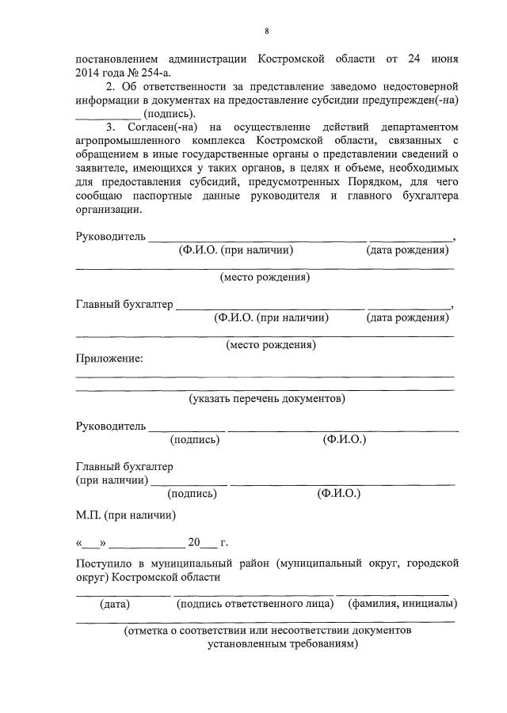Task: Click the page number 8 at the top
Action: coord(267,31)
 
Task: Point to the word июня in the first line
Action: coord(440,59)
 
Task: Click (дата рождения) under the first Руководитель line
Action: coord(407,250)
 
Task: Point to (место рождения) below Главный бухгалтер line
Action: coord(270,344)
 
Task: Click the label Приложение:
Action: coord(109,358)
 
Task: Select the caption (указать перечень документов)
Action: coord(267,398)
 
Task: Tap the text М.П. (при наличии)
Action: coord(126,514)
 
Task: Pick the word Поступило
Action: coord(105,563)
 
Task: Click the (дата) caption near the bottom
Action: coord(116,604)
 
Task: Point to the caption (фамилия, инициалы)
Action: coord(402,604)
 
